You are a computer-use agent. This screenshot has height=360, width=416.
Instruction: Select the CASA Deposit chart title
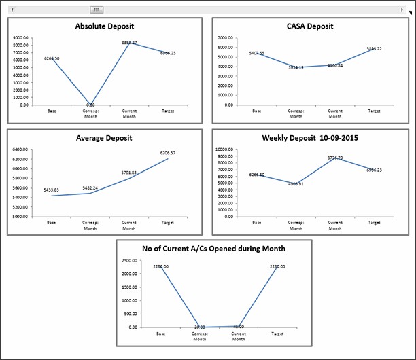310,26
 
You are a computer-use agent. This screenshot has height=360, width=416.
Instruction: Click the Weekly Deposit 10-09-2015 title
310,138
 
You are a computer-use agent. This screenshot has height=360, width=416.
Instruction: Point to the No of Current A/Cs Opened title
213,249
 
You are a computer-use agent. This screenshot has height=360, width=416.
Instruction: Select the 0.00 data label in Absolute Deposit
90,105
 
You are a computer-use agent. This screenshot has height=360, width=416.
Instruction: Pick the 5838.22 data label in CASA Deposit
374,49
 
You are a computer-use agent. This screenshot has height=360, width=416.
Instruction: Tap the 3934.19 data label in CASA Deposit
296,67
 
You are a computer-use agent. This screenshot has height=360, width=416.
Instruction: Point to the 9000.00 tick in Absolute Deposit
20,38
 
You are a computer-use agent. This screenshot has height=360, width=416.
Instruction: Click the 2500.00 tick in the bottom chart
129,261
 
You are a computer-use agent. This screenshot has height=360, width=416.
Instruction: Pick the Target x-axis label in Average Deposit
167,222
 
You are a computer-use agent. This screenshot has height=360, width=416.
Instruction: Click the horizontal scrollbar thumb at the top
97,10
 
